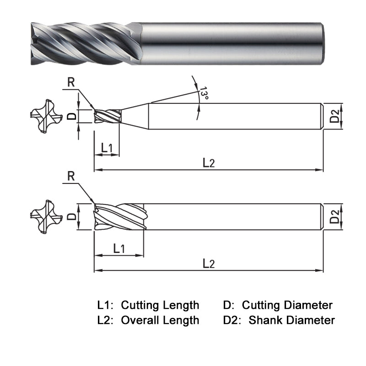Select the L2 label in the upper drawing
209,163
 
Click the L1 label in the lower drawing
119,248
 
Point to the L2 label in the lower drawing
209,264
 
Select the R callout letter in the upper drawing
71,83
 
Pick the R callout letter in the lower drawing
71,176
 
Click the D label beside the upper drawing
72,116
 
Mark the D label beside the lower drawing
72,216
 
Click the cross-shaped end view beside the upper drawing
46,117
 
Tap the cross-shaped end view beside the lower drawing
46,216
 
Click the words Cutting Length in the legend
160,305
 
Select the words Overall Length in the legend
160,320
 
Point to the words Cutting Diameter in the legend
287,305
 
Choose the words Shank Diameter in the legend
291,320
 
